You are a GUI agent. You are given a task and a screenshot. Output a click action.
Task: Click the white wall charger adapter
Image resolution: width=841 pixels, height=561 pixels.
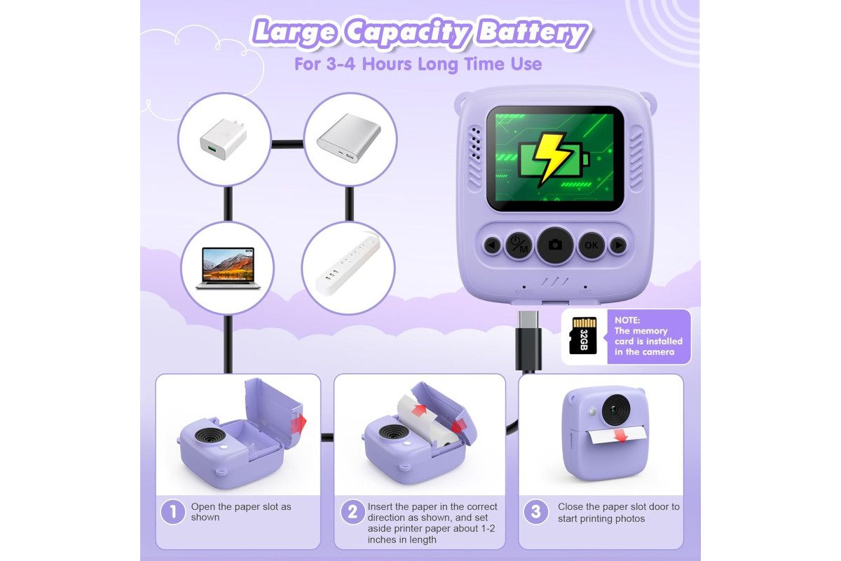tap(224, 139)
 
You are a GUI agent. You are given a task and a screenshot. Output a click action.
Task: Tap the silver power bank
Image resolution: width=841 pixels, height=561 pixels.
tap(349, 138)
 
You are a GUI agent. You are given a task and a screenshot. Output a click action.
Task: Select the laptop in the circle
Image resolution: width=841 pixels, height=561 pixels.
tap(228, 269)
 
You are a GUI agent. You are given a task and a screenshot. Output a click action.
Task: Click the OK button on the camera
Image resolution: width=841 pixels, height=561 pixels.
tap(591, 245)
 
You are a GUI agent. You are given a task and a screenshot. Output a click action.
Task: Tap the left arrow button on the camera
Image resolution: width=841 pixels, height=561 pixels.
tap(492, 245)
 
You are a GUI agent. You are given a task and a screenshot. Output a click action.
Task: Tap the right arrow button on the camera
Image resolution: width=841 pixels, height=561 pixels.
tap(618, 245)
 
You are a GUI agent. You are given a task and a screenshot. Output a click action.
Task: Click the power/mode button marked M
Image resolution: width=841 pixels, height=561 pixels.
tap(519, 245)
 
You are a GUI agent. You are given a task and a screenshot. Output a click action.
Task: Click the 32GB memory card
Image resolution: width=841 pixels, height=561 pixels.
tap(583, 335)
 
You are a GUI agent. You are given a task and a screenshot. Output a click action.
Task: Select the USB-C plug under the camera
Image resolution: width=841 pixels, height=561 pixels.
tap(528, 340)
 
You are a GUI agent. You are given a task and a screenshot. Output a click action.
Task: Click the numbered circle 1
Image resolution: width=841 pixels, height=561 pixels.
tap(173, 512)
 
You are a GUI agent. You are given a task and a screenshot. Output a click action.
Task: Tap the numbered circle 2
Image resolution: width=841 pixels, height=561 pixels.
tap(353, 512)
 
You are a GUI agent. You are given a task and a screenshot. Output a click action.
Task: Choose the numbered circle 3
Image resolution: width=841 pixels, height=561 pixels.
tap(535, 512)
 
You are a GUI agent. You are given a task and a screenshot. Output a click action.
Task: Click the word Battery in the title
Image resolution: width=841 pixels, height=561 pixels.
tap(533, 34)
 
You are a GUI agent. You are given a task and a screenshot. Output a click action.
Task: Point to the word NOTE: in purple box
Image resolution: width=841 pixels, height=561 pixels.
tap(627, 320)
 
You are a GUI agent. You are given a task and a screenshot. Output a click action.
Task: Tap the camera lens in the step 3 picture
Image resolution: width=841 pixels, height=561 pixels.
tap(616, 410)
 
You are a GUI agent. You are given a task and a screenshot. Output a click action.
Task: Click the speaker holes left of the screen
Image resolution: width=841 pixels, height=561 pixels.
tap(476, 144)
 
